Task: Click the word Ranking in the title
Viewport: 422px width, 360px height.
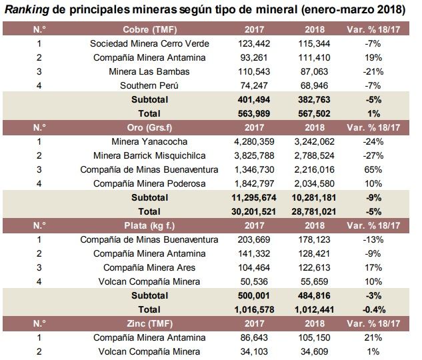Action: pyautogui.click(x=27, y=10)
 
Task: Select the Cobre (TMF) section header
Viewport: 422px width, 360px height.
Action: pyautogui.click(x=149, y=29)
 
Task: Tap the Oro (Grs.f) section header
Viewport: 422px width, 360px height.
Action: pyautogui.click(x=149, y=127)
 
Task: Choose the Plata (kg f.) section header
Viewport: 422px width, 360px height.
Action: pyautogui.click(x=149, y=225)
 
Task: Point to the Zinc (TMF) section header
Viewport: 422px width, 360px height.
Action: pyautogui.click(x=149, y=323)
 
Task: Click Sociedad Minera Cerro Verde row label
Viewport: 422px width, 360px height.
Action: pyautogui.click(x=149, y=43)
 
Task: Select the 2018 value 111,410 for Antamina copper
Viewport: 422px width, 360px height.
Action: pyautogui.click(x=315, y=57)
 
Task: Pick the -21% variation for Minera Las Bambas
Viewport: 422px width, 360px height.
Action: pyautogui.click(x=373, y=71)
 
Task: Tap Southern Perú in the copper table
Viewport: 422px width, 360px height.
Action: pyautogui.click(x=149, y=85)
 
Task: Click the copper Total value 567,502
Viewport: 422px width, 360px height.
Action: pyautogui.click(x=315, y=113)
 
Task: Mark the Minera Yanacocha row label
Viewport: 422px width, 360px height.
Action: pyautogui.click(x=149, y=141)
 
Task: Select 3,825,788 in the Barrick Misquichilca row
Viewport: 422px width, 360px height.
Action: pyautogui.click(x=254, y=155)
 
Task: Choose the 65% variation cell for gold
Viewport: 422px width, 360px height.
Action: pyautogui.click(x=373, y=169)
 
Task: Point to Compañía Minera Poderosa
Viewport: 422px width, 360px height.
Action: pyautogui.click(x=149, y=183)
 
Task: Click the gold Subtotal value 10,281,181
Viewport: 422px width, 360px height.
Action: pyautogui.click(x=314, y=197)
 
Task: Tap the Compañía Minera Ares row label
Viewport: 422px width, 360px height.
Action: pyautogui.click(x=149, y=267)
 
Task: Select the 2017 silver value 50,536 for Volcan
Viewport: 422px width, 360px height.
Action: pyautogui.click(x=254, y=281)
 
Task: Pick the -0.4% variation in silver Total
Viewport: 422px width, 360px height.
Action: pyautogui.click(x=374, y=309)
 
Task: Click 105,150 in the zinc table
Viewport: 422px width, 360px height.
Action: pyautogui.click(x=315, y=337)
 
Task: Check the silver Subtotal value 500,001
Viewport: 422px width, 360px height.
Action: pyautogui.click(x=254, y=295)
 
